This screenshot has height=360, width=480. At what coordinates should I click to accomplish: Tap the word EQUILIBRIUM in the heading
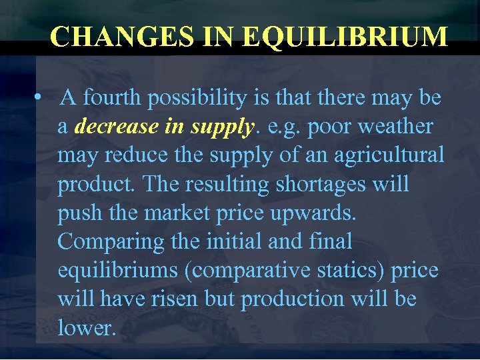point(345,37)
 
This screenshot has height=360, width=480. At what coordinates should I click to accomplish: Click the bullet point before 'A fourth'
point(39,98)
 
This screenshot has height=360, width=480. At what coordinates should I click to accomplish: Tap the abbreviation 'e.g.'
point(284,126)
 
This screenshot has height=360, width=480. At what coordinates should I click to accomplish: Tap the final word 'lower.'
point(87,327)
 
